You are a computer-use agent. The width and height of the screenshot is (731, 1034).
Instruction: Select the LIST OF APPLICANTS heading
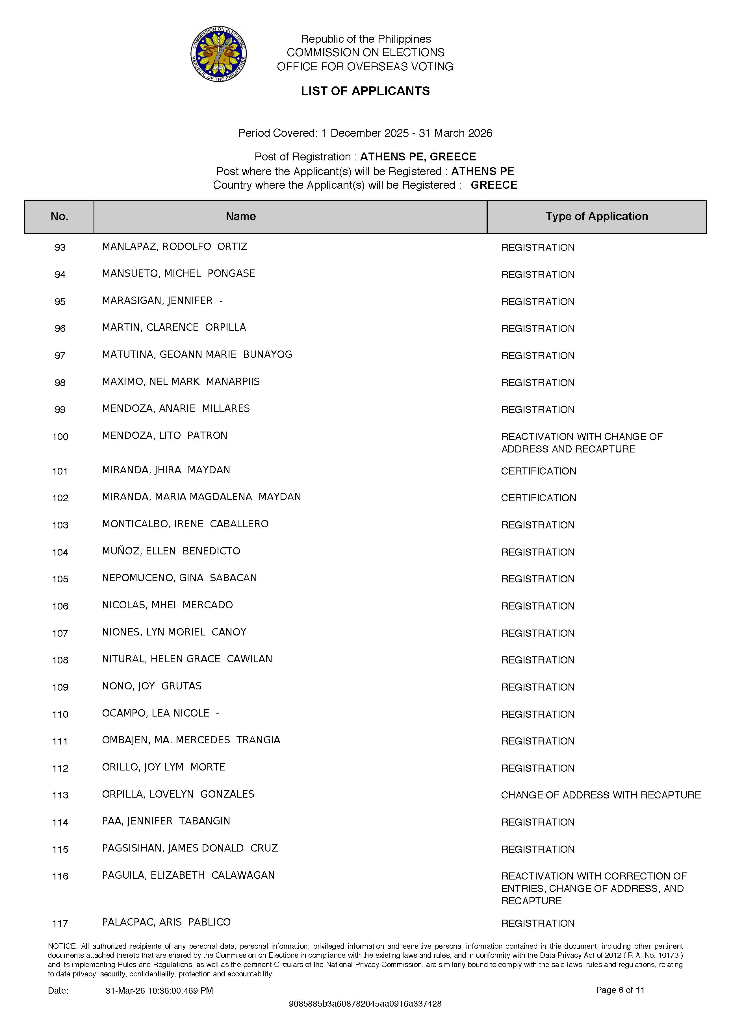click(365, 91)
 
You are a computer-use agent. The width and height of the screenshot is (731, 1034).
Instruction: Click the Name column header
click(241, 217)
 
